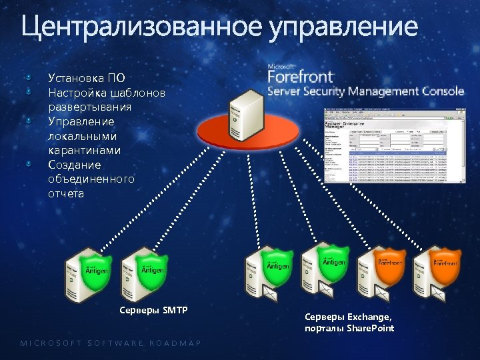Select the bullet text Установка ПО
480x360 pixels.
point(87,78)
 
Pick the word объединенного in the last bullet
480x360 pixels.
point(91,179)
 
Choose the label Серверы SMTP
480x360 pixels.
point(153,310)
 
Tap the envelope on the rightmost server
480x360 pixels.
point(438,291)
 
